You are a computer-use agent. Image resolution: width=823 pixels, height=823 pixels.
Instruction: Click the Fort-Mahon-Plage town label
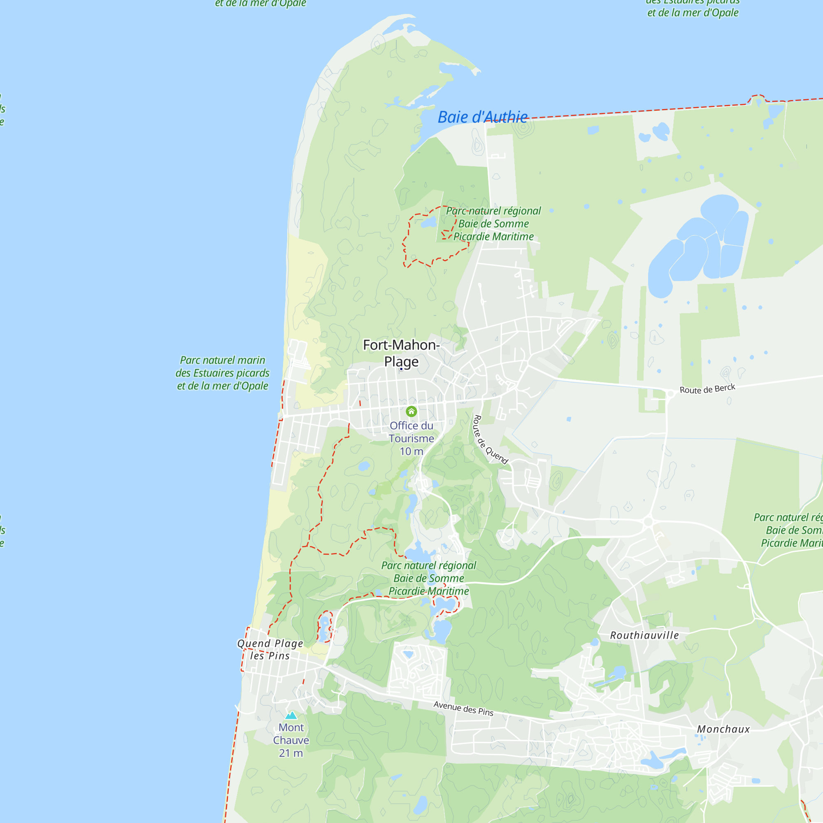401,353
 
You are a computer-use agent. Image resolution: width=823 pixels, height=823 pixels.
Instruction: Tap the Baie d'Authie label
483,117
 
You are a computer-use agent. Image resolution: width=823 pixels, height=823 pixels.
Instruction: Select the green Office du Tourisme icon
411,411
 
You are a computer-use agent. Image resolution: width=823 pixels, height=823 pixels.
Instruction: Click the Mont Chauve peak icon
291,715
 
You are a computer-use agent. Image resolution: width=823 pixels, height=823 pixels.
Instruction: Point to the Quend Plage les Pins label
270,650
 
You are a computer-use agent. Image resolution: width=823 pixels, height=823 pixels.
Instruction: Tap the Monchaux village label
723,729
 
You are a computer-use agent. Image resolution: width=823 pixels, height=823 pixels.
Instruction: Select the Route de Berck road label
707,389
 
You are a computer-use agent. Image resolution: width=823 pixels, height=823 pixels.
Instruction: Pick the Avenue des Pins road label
463,709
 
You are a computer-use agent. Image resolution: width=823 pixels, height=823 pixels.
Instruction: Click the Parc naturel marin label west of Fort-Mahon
222,373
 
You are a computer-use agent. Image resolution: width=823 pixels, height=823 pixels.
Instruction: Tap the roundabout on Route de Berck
670,394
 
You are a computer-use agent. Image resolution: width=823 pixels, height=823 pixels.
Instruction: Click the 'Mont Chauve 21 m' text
291,740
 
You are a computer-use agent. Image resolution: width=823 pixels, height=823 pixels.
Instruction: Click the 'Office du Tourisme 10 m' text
411,438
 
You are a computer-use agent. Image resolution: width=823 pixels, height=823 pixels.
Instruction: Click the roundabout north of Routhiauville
649,521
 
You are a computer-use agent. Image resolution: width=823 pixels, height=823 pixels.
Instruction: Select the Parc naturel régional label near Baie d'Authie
493,223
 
